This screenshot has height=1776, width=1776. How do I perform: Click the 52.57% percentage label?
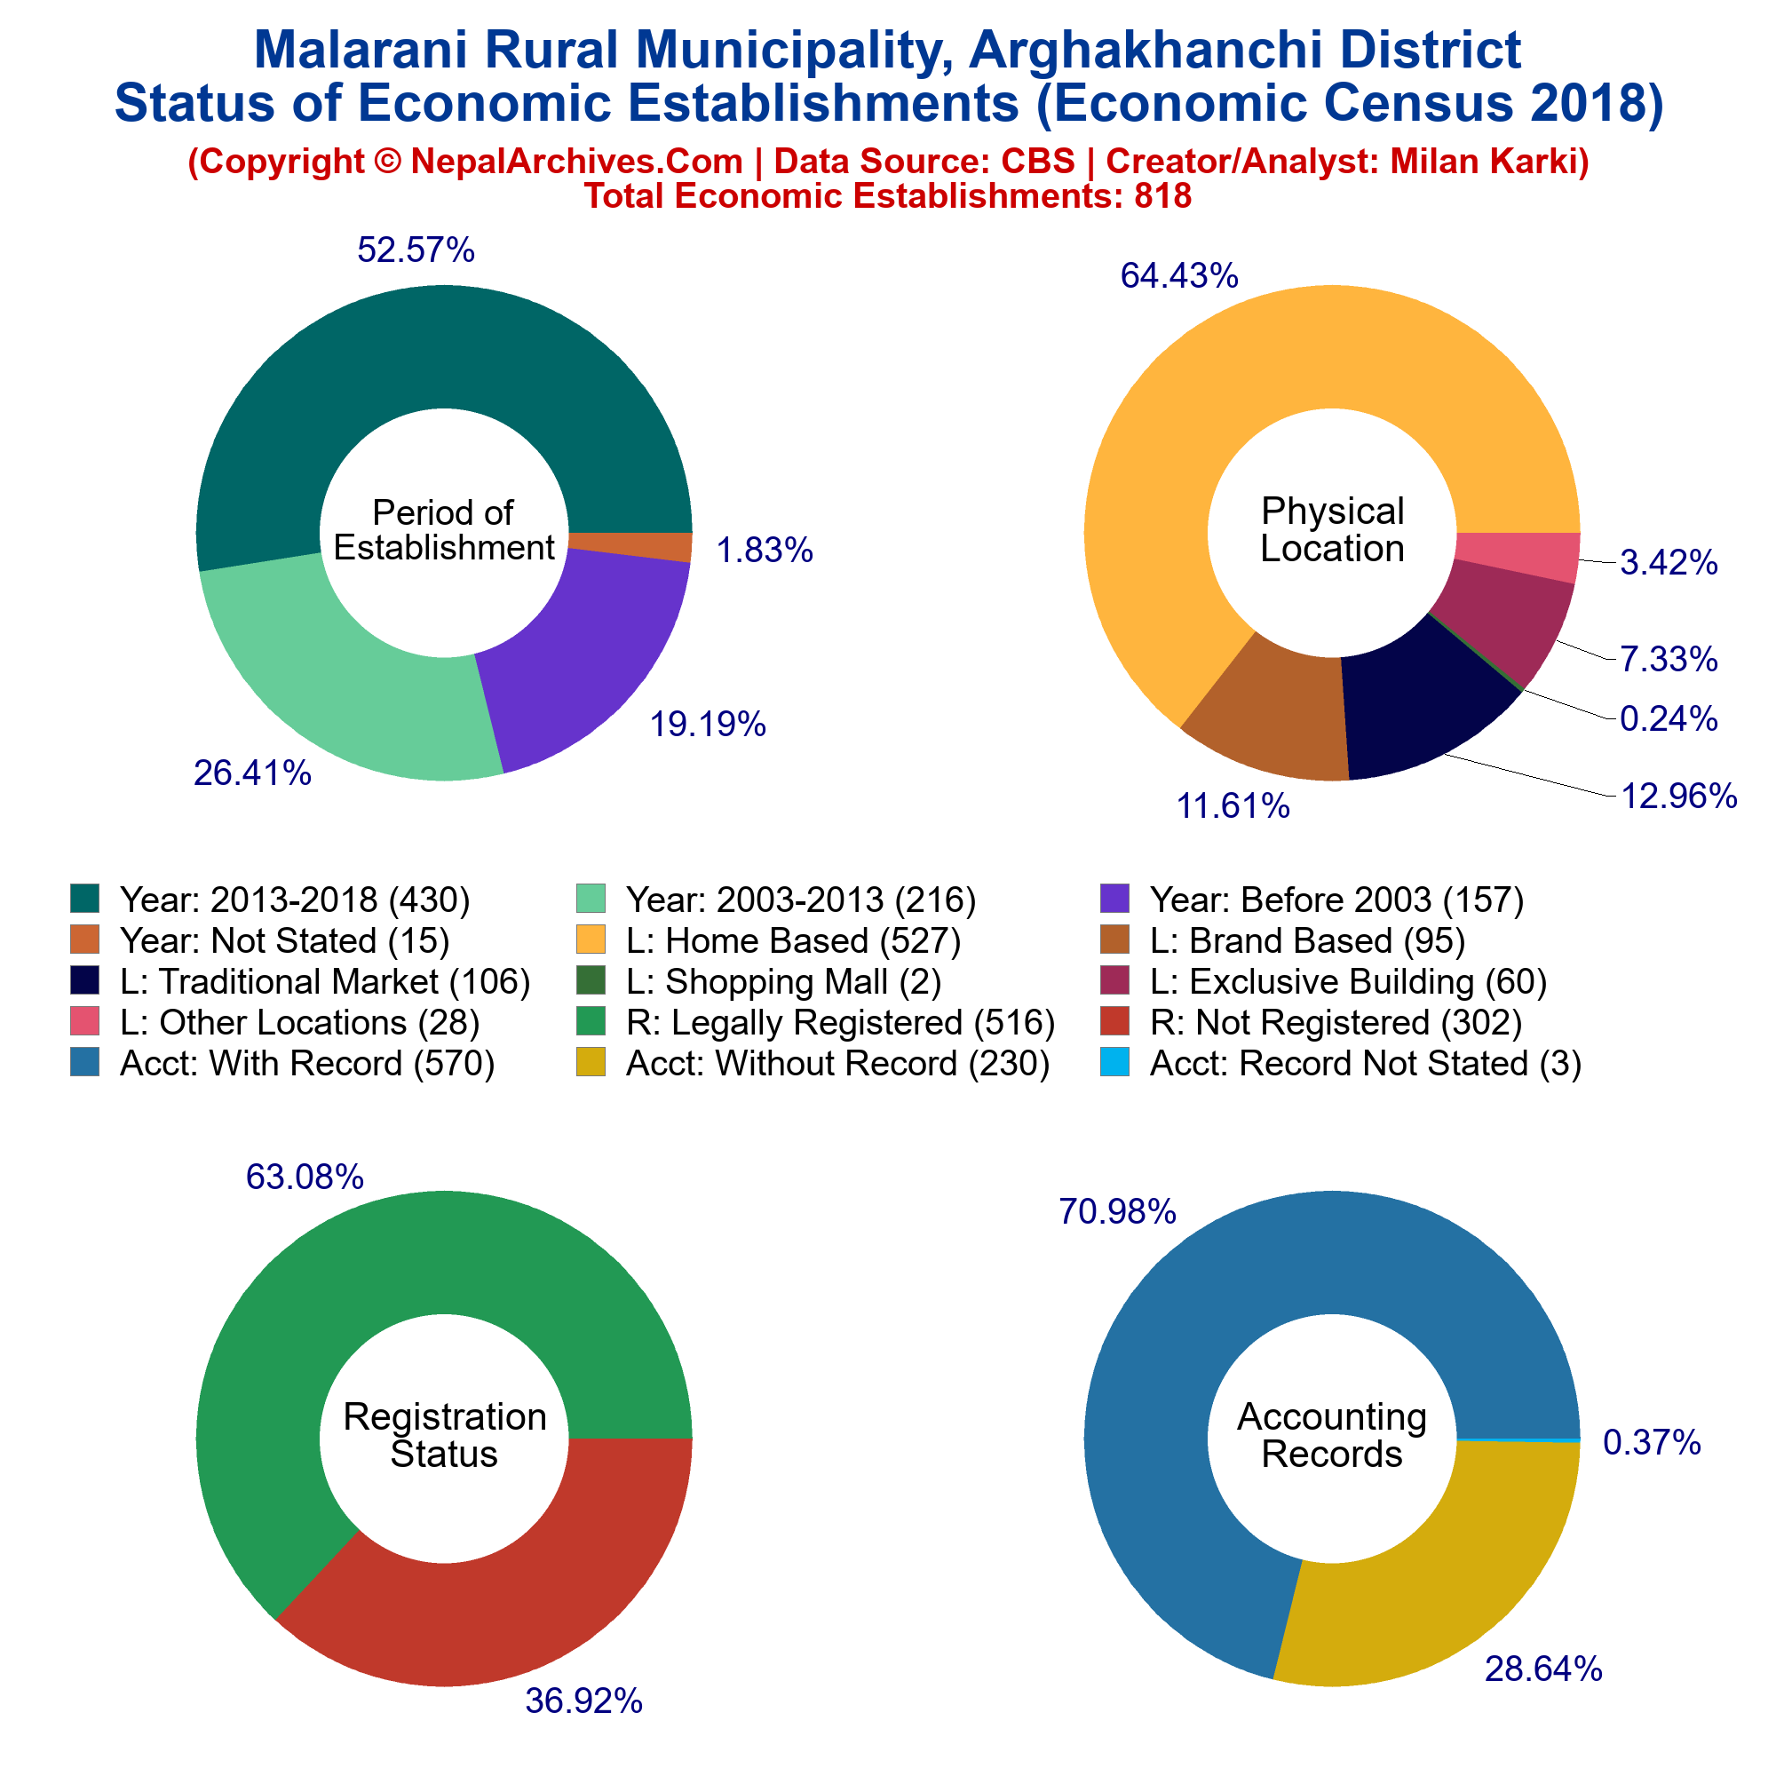(416, 250)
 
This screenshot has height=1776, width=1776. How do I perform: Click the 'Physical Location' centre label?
(1332, 529)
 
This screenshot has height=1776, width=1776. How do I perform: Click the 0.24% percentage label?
(1669, 719)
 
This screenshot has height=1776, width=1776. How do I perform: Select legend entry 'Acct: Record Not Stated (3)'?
(1341, 1063)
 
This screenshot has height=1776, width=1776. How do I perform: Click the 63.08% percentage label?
(305, 1177)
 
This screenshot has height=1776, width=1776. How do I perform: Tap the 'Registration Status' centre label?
(444, 1435)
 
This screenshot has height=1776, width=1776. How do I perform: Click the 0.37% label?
(1652, 1443)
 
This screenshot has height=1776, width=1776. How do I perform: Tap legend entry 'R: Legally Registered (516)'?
(817, 1022)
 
